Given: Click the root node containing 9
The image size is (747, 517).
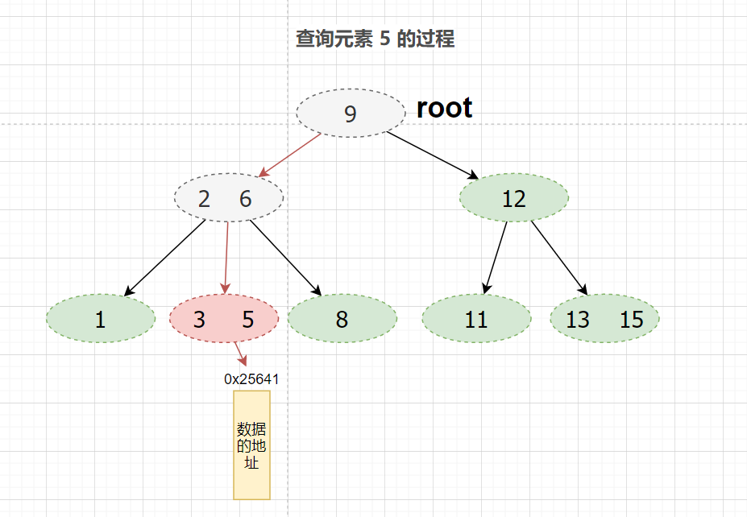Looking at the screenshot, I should pos(351,114).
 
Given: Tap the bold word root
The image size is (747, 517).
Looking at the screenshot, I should pos(444,108).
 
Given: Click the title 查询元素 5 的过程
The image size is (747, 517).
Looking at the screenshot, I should pos(375,39).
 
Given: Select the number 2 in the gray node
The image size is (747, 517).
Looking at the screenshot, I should pos(204,199).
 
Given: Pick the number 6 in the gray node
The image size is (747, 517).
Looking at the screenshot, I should pos(246,199).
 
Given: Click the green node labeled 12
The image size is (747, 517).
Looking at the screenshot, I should pos(513,198).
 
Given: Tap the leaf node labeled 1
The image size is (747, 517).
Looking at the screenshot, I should pos(100,319).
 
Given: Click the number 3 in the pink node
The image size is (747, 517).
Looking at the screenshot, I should pos(199,319).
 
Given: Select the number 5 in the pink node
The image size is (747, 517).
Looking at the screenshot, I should pos(248,319).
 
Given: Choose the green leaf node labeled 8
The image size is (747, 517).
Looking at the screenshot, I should pos(342,319).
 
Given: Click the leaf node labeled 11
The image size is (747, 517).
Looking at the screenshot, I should pos(476,319).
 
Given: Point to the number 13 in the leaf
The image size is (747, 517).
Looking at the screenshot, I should pos(578,319).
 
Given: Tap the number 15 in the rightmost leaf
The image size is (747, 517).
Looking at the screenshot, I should pos(632,319).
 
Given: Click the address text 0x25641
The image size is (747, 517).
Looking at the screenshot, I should pos(251,378).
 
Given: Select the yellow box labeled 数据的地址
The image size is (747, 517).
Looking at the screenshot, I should pos(251,445).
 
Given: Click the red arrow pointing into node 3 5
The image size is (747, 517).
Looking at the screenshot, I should pos(226,258).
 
